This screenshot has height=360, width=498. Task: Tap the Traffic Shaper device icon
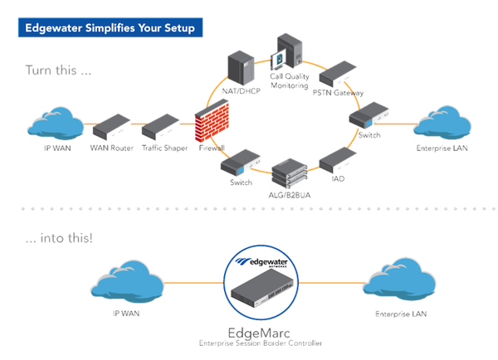(158, 128)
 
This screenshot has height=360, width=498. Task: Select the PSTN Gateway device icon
(339, 72)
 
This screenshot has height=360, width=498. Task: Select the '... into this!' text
(58, 239)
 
